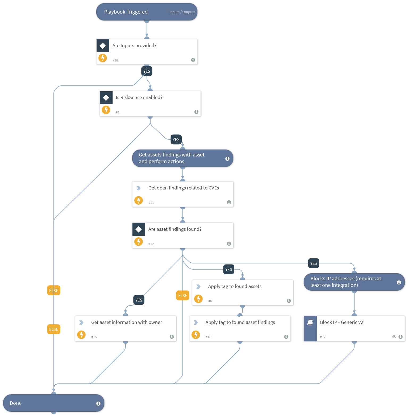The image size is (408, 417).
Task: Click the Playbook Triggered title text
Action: (x=126, y=12)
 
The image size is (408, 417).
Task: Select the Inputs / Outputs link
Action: (x=182, y=12)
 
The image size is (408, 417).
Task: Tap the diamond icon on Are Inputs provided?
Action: (x=103, y=46)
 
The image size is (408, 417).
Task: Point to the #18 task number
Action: (x=115, y=60)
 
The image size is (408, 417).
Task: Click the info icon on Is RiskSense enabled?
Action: (x=196, y=112)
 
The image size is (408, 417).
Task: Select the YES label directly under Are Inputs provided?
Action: (x=147, y=71)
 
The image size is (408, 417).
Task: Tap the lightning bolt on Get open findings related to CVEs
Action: (x=139, y=200)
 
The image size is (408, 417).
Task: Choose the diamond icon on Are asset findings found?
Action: (x=139, y=229)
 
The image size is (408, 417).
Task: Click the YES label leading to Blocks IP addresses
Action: (x=313, y=263)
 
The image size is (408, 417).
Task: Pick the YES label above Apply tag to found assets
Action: (x=228, y=270)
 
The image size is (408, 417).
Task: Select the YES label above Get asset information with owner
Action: (x=139, y=300)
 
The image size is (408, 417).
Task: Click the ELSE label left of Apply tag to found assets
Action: (x=183, y=296)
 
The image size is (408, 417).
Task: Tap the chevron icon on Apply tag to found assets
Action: (x=198, y=287)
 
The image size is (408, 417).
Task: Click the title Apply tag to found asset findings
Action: (x=240, y=322)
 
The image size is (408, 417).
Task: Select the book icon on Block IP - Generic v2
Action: (x=310, y=323)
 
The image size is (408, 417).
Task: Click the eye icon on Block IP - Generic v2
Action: (x=394, y=337)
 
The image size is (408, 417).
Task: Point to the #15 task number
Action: (x=94, y=337)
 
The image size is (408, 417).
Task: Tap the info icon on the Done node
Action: (x=98, y=404)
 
